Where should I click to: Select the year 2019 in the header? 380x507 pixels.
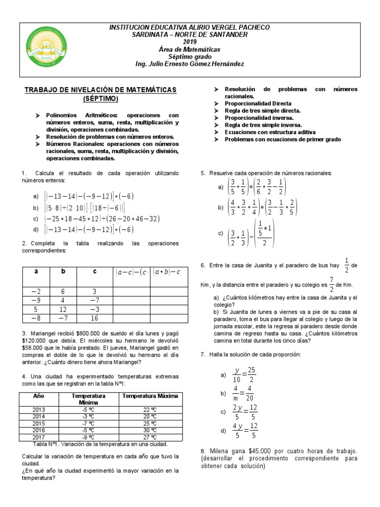190,42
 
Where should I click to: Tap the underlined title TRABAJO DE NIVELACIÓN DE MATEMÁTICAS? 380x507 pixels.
101,89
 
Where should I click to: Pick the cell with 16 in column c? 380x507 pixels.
95,318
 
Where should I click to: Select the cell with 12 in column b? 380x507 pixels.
63,310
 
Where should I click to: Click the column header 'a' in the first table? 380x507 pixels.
36,271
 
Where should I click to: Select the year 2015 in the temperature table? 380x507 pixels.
39,424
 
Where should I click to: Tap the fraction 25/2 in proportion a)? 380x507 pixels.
251,375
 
